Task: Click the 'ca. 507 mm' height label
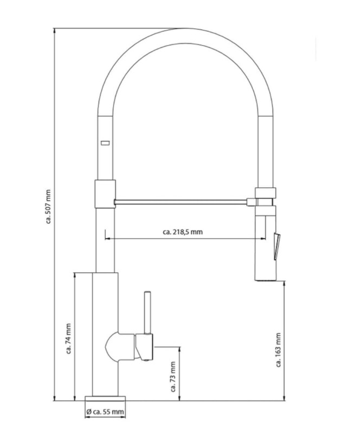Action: pyautogui.click(x=48, y=207)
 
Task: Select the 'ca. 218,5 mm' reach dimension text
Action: pyautogui.click(x=183, y=232)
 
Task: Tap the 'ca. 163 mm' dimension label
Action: pyautogui.click(x=278, y=350)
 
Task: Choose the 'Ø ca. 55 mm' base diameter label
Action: pyautogui.click(x=105, y=412)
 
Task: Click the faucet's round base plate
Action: pyautogui.click(x=105, y=399)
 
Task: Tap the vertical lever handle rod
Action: pyautogui.click(x=147, y=312)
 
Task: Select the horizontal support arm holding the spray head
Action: pyautogui.click(x=181, y=202)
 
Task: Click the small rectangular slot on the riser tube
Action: pyautogui.click(x=105, y=143)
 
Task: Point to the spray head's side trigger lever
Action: pyautogui.click(x=277, y=246)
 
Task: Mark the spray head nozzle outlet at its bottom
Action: pyautogui.click(x=266, y=279)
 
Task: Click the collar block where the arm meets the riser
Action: pyautogui.click(x=105, y=194)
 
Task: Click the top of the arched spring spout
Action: pyautogui.click(x=185, y=36)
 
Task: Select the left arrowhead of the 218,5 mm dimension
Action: pyautogui.click(x=107, y=239)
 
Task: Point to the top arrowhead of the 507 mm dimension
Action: pyautogui.click(x=54, y=30)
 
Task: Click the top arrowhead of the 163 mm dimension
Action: pyautogui.click(x=284, y=284)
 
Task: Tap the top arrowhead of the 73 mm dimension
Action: pyautogui.click(x=179, y=349)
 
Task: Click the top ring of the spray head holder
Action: pyautogui.click(x=265, y=192)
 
